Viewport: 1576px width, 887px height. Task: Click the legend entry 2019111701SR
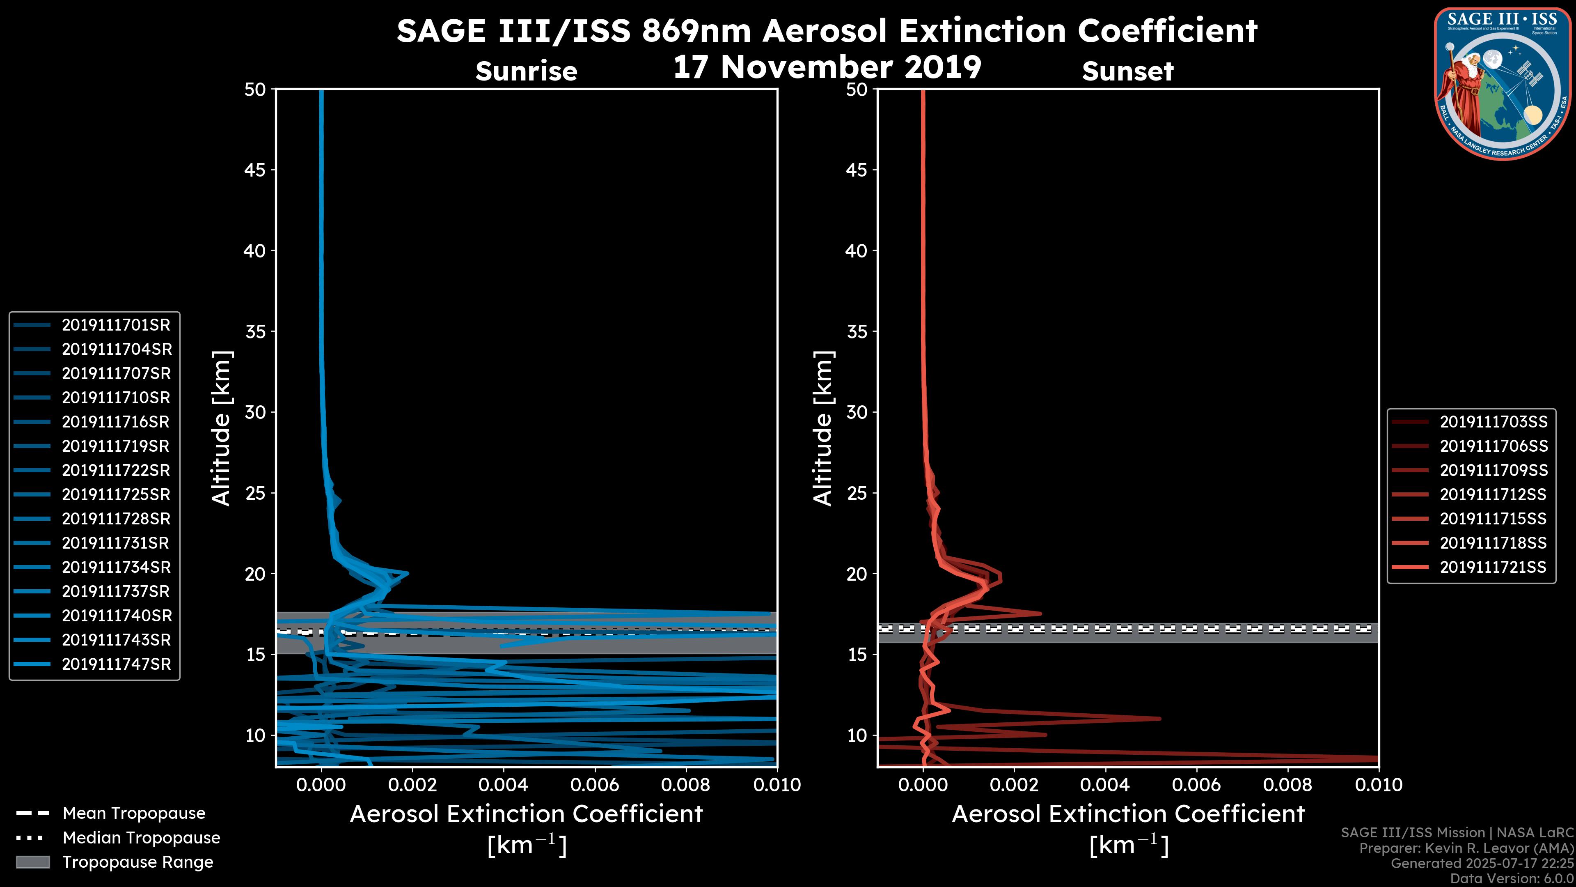click(116, 325)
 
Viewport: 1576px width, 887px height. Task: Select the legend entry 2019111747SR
click(116, 664)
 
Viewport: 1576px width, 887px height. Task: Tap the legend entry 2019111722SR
click(116, 470)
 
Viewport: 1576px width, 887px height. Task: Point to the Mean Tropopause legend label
click(134, 813)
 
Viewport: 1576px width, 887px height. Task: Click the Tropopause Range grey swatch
click(33, 862)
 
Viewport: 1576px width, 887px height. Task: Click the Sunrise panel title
click(526, 71)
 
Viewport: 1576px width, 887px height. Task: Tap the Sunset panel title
click(1127, 71)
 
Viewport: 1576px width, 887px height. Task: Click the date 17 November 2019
click(827, 67)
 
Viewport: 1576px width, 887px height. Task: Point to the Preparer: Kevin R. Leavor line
click(1466, 848)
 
